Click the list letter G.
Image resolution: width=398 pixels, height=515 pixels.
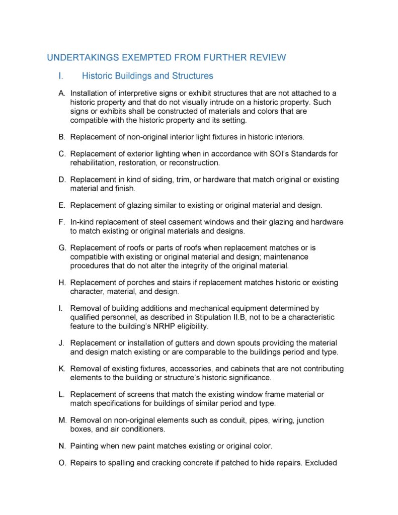[x=62, y=248]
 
